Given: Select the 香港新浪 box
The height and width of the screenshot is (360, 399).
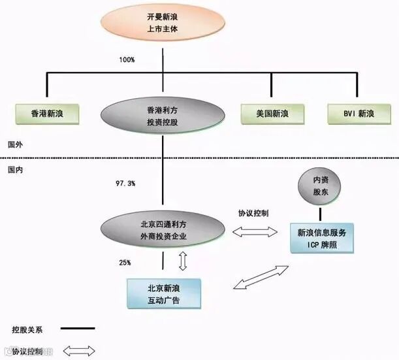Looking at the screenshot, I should point(48,114).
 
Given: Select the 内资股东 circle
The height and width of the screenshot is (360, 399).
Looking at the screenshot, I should point(321,187).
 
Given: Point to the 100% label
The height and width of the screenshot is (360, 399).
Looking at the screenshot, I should point(127,60).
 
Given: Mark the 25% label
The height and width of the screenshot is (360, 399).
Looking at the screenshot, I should point(124,263).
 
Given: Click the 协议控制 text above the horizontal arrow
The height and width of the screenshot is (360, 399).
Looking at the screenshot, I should point(253,214).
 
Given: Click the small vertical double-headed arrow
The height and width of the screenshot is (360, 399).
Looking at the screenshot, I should point(183,261).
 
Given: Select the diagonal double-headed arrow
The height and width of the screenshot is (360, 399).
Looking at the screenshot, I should point(261,276).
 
